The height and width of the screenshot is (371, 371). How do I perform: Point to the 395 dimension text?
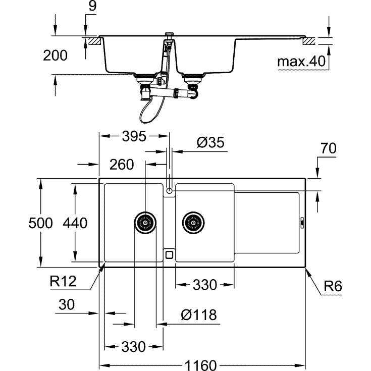(x=133, y=136)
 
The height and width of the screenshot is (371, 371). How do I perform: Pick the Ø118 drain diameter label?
(x=198, y=315)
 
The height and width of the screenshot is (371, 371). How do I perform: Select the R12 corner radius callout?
(x=63, y=281)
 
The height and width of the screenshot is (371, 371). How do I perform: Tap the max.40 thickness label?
(x=301, y=62)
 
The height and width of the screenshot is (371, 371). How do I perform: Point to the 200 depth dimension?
(x=55, y=56)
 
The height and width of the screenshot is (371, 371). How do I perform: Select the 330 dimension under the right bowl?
(x=204, y=285)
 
